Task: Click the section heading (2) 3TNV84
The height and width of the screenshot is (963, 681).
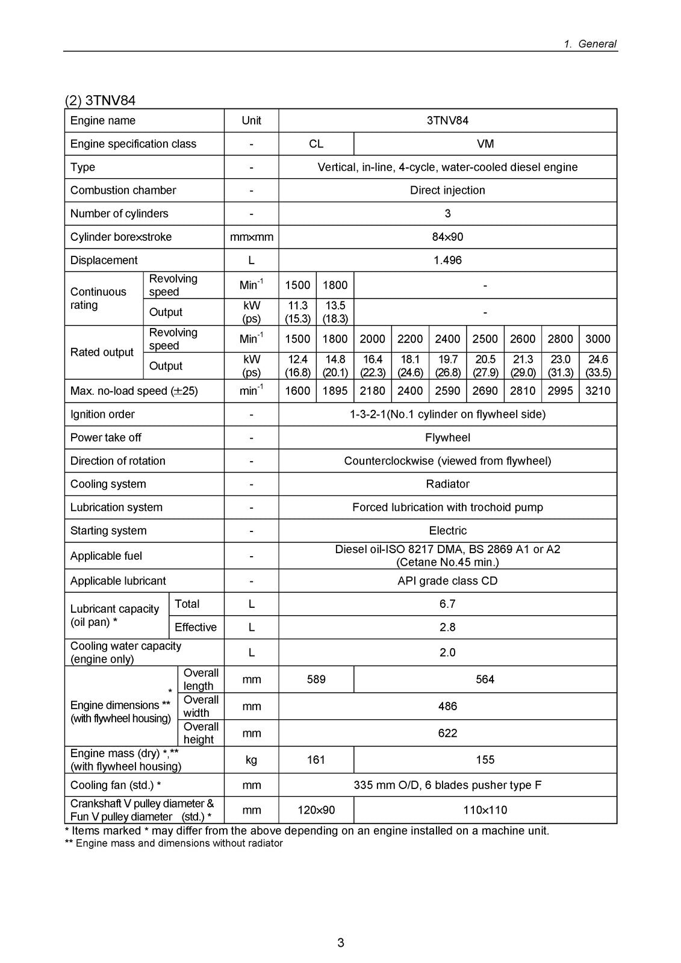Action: click(100, 100)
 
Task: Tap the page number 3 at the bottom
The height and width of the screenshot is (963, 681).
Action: click(341, 943)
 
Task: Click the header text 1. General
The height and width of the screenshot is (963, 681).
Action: click(590, 43)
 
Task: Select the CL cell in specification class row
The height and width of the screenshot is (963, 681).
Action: click(316, 144)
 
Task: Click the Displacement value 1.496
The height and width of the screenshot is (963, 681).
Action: click(447, 260)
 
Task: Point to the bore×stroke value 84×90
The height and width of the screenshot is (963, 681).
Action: click(447, 237)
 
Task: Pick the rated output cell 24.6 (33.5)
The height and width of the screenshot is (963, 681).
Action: click(597, 366)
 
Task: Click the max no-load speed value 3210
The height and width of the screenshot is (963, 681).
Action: click(597, 391)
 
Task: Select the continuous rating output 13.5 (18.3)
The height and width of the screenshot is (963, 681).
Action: click(335, 312)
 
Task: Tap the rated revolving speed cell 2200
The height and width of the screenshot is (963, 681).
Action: click(410, 339)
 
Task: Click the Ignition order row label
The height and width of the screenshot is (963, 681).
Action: click(102, 414)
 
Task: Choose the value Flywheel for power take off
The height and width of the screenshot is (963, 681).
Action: click(447, 438)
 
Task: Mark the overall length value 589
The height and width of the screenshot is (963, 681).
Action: click(316, 679)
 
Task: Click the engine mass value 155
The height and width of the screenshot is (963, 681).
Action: click(485, 760)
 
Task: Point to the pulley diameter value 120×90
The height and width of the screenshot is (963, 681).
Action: click(316, 810)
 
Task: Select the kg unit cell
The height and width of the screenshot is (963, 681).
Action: click(251, 760)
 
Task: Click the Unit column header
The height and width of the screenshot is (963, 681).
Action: click(251, 120)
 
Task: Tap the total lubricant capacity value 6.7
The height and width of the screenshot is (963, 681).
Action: click(447, 604)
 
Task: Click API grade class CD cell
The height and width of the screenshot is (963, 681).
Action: click(447, 581)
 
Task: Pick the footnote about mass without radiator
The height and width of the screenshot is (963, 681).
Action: click(173, 843)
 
